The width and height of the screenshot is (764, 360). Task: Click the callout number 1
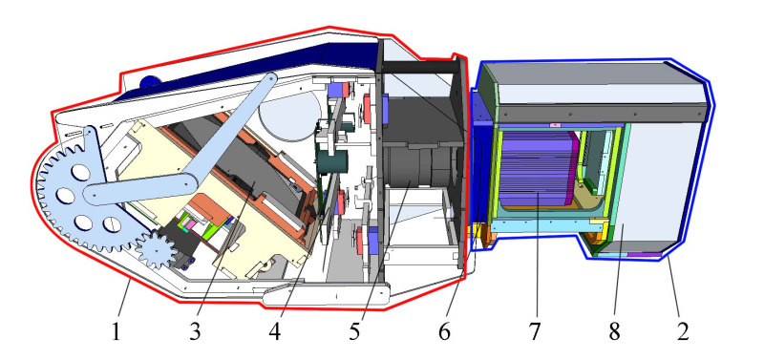[116, 332]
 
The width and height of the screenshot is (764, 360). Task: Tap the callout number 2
[683, 332]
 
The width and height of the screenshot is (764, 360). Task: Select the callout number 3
[195, 332]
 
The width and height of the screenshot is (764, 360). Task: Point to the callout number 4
[274, 332]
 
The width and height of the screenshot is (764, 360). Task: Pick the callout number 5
[354, 332]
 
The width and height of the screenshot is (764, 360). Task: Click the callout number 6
[444, 332]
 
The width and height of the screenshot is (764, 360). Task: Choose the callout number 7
[535, 332]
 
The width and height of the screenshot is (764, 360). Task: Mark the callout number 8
[614, 332]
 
